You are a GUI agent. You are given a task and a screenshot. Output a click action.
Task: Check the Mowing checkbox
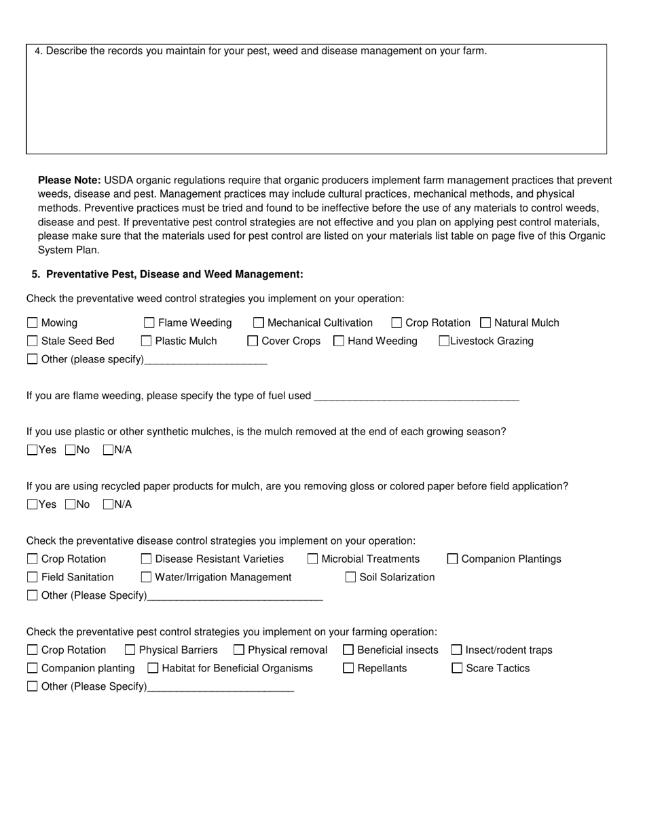point(32,323)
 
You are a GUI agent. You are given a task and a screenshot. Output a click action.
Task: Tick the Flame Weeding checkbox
point(149,323)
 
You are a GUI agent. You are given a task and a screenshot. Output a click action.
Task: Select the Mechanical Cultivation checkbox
point(259,323)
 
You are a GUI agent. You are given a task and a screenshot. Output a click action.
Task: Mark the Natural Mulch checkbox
point(485,323)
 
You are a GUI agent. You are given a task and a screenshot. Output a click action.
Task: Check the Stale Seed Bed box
point(32,341)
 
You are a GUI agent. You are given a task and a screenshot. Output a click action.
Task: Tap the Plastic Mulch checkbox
point(146,341)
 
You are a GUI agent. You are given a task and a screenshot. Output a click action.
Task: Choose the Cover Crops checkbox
point(253,341)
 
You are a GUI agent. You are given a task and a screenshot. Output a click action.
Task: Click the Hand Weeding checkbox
point(339,341)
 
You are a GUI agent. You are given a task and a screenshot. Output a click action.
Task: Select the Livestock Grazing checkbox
point(444,341)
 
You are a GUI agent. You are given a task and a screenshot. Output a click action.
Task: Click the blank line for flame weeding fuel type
point(417,396)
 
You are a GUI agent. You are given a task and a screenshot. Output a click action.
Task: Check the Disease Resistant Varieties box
point(146,559)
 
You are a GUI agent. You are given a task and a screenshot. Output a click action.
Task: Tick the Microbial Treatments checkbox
point(312,559)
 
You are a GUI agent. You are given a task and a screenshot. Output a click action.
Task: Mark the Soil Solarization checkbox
point(350,578)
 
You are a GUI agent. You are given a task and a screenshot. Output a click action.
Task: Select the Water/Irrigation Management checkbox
point(146,578)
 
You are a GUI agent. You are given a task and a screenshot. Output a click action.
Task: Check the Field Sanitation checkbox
point(32,578)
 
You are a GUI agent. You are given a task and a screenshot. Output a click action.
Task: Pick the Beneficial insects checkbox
point(348,650)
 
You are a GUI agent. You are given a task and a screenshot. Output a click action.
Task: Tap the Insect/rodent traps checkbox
point(456,650)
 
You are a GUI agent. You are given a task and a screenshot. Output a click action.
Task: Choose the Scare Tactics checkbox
point(457,669)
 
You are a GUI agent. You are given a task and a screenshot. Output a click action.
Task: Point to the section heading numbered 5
point(167,274)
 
